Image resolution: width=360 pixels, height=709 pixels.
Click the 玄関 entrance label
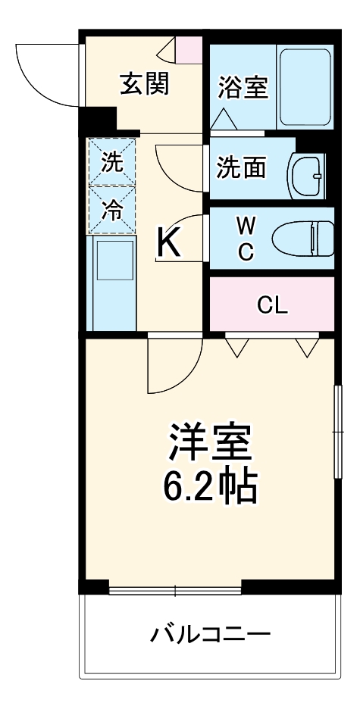(x=143, y=83)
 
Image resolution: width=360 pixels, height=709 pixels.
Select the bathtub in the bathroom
(x=305, y=86)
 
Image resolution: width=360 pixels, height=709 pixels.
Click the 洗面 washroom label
(x=241, y=167)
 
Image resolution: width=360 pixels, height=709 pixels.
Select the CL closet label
(x=271, y=305)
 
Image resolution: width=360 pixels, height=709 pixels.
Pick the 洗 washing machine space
(x=111, y=161)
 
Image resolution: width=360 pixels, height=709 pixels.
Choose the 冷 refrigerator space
(x=111, y=210)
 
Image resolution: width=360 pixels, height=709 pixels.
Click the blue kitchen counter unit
(x=111, y=282)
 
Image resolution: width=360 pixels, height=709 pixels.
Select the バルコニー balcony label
(x=209, y=632)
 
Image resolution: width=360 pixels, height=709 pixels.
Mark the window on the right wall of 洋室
(x=337, y=432)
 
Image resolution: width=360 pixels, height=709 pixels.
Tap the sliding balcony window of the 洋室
(x=174, y=589)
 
